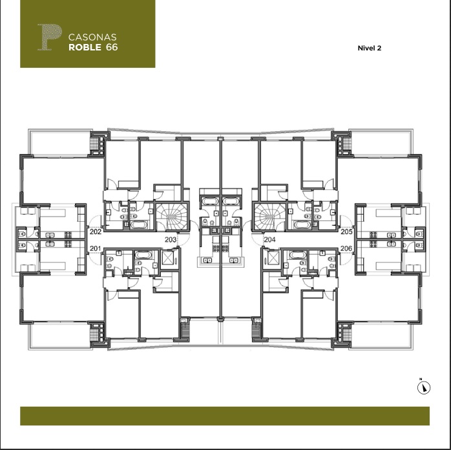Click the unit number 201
[x=96, y=248]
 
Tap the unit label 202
[x=96, y=231]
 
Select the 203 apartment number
[x=171, y=239]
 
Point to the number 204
[x=270, y=239]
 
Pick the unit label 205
[x=346, y=231]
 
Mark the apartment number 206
[x=346, y=248]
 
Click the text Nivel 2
[x=370, y=48]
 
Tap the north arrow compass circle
[x=424, y=387]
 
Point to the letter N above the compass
[x=421, y=379]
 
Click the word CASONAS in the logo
[x=92, y=37]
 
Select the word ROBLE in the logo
[x=85, y=47]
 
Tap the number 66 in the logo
[x=112, y=47]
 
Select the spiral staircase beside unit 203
[x=172, y=217]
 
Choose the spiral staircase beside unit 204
[x=269, y=217]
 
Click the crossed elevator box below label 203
[x=168, y=257]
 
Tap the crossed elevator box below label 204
[x=273, y=257]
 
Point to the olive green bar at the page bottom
[x=225, y=416]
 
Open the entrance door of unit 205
[x=347, y=222]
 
